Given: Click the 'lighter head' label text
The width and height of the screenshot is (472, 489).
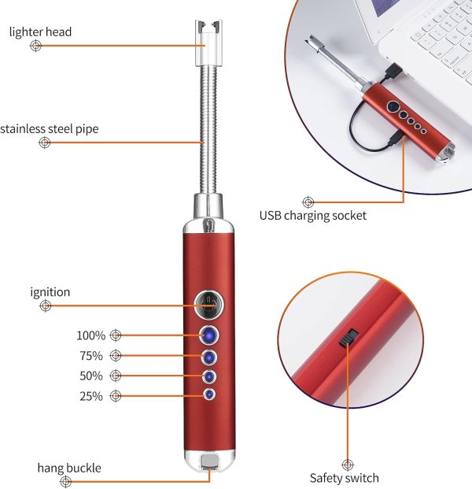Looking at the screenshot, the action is (40, 32).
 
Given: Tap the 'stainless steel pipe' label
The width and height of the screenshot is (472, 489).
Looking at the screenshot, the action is (50, 129).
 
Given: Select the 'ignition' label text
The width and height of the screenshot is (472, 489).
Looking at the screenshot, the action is (50, 292).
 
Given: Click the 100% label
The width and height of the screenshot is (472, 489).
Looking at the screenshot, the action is (91, 335).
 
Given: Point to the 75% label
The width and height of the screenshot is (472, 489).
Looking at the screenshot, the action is (91, 356).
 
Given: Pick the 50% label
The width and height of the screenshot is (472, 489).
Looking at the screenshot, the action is (91, 376).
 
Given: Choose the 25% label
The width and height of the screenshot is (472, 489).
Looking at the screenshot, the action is (91, 396).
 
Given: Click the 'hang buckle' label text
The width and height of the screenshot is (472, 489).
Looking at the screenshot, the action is (69, 468).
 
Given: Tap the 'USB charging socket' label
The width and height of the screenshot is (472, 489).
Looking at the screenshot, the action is (313, 216).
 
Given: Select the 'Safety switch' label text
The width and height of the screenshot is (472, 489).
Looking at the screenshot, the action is (345, 478).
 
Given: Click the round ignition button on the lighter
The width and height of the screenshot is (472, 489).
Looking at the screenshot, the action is (208, 305).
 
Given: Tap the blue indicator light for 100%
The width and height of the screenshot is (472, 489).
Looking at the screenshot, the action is (208, 335).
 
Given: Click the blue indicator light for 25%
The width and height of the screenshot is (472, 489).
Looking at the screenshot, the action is (209, 395).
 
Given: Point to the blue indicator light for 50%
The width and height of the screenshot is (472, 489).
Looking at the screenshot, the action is (208, 377).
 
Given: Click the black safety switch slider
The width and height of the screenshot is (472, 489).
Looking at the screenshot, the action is (348, 338).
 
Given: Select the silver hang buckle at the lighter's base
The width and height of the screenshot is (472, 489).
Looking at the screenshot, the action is (209, 462).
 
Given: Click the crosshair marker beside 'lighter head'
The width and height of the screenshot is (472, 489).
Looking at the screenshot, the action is (36, 46).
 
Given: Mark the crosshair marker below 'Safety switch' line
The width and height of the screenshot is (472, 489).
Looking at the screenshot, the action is (348, 465).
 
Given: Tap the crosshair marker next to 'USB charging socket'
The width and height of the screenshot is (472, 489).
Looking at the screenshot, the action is (308, 202).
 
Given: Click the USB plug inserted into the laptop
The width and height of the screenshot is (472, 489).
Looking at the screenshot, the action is (394, 71).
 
